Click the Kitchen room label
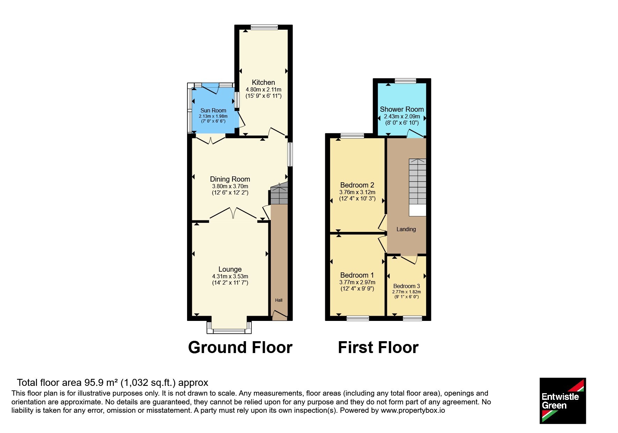tap(263, 82)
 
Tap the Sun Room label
tap(213, 110)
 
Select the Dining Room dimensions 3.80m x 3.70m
tap(230, 186)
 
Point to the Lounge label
tap(230, 269)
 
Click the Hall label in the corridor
tap(279, 300)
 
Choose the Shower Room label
tap(402, 109)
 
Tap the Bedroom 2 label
tap(357, 185)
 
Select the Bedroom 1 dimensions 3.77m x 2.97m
tap(357, 282)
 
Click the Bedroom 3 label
tap(407, 286)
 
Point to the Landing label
tap(406, 229)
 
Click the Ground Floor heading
tap(240, 347)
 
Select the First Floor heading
tap(378, 347)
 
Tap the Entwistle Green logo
tap(563, 401)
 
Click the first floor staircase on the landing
tap(418, 182)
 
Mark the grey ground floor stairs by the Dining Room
tap(279, 193)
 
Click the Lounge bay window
tap(229, 326)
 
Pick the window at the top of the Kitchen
tap(264, 27)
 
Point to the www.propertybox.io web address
tap(413, 411)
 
